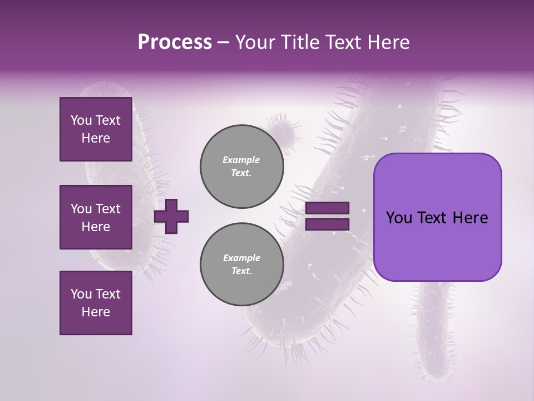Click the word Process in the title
(175, 42)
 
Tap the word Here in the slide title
(386, 42)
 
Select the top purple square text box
(96, 129)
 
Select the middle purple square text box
(96, 217)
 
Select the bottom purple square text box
(96, 303)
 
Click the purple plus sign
(171, 216)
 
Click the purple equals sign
(327, 216)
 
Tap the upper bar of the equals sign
(327, 208)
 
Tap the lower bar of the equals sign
(327, 224)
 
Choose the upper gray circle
(241, 167)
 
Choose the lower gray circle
(241, 265)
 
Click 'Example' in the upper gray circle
(241, 160)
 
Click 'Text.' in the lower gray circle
(241, 271)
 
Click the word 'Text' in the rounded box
(437, 218)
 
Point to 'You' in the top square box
(81, 120)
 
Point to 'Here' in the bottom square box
(96, 312)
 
